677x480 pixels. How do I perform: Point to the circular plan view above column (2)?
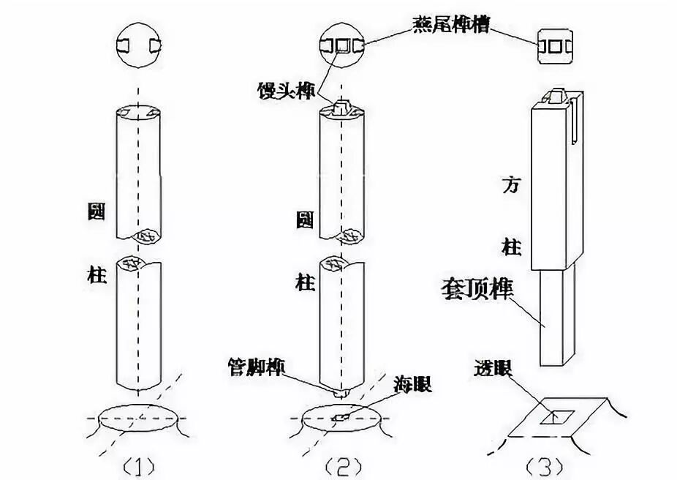pos(341,45)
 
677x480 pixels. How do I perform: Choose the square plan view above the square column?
pos(553,45)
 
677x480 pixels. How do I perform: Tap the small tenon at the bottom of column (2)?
pos(341,393)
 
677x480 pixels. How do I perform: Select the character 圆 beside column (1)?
pos(95,212)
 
